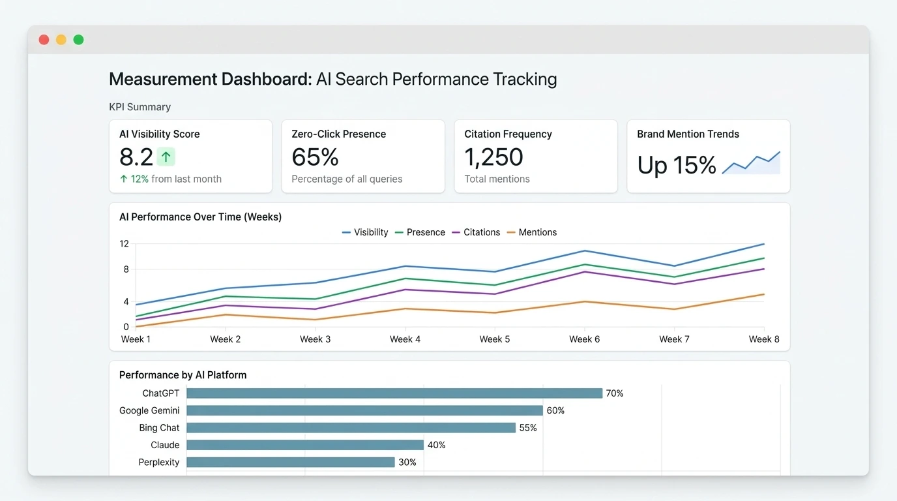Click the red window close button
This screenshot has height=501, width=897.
click(44, 40)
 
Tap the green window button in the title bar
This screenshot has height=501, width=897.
click(78, 40)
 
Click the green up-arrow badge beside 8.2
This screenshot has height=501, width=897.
click(166, 157)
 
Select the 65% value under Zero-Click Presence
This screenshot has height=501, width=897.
click(315, 157)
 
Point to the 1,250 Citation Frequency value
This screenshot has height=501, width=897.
click(493, 157)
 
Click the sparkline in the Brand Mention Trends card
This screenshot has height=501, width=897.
click(751, 163)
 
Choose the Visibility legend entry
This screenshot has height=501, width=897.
click(365, 232)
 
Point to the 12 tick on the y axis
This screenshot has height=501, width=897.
click(124, 244)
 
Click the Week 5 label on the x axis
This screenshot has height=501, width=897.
click(495, 339)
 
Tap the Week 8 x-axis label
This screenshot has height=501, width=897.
click(764, 339)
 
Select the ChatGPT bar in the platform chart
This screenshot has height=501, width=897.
click(394, 393)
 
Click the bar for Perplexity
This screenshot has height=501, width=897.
click(291, 462)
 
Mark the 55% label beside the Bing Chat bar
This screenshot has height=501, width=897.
click(528, 428)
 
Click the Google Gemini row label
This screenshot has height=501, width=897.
click(149, 410)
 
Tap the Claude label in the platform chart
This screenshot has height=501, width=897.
click(165, 445)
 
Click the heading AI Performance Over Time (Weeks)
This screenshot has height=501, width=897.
click(200, 217)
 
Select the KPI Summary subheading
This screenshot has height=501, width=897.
click(140, 107)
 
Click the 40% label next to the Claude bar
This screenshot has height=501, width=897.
click(436, 445)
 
